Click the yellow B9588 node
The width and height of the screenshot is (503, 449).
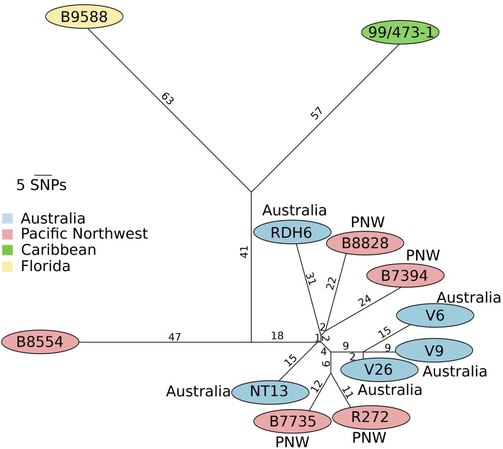(84, 16)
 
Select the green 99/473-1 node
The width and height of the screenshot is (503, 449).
(400, 31)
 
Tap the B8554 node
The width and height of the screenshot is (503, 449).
(40, 343)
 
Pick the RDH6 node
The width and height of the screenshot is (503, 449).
(292, 232)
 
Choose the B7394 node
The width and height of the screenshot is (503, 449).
(406, 275)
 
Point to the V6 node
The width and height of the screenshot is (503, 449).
(434, 316)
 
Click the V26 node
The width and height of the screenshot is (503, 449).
(380, 369)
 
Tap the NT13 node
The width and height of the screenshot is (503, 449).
(270, 392)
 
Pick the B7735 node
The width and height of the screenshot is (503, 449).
(292, 421)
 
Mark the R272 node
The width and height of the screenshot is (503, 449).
(371, 416)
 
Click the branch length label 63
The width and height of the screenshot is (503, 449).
(167, 99)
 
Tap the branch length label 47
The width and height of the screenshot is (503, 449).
(175, 337)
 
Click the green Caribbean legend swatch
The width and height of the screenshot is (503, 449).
(7, 250)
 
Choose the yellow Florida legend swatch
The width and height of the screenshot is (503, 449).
(7, 267)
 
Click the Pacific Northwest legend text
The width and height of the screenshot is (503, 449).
(84, 234)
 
